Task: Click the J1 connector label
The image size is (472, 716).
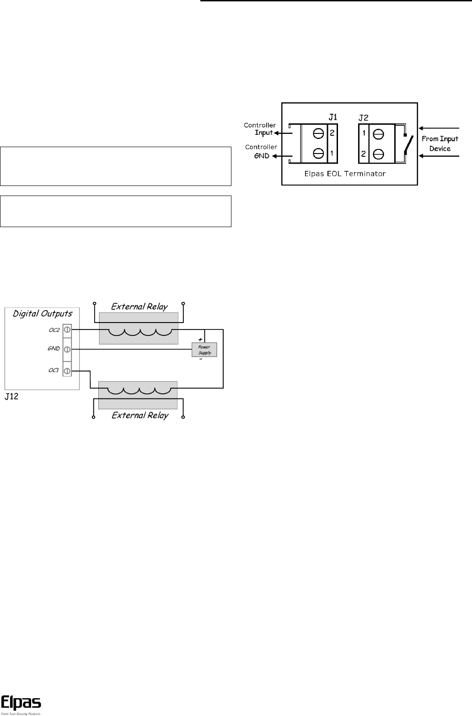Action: click(333, 117)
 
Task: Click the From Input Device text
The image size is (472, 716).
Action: click(436, 143)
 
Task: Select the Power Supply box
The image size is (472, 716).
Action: click(204, 350)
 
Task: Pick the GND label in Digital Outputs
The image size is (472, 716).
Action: click(54, 348)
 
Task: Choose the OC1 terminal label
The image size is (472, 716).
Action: click(54, 370)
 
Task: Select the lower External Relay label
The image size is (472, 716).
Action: click(139, 415)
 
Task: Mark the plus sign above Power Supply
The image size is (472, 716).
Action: click(200, 339)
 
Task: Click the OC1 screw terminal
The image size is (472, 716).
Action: click(67, 370)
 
